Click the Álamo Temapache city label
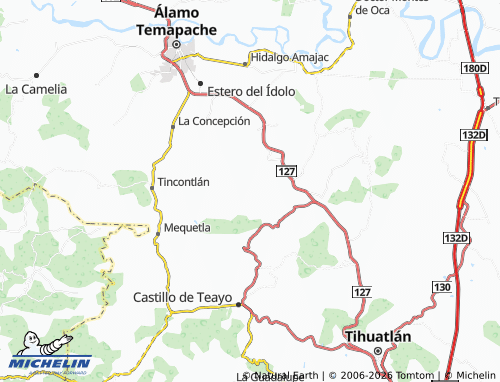pyautogui.click(x=175, y=21)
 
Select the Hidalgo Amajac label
pyautogui.click(x=291, y=58)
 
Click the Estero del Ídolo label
pyautogui.click(x=251, y=91)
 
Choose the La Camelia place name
pyautogui.click(x=36, y=88)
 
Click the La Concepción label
pyautogui.click(x=213, y=121)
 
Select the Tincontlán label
pyautogui.click(x=184, y=182)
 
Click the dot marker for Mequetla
pyautogui.click(x=158, y=232)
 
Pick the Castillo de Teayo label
pyautogui.click(x=182, y=297)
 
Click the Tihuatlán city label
pyautogui.click(x=377, y=337)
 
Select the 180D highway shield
pyautogui.click(x=473, y=68)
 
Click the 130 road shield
pyautogui.click(x=441, y=287)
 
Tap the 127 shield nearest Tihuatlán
pyautogui.click(x=362, y=289)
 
